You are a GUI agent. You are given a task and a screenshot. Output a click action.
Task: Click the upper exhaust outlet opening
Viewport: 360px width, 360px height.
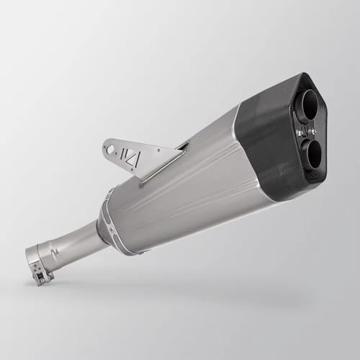(x=304, y=106)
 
